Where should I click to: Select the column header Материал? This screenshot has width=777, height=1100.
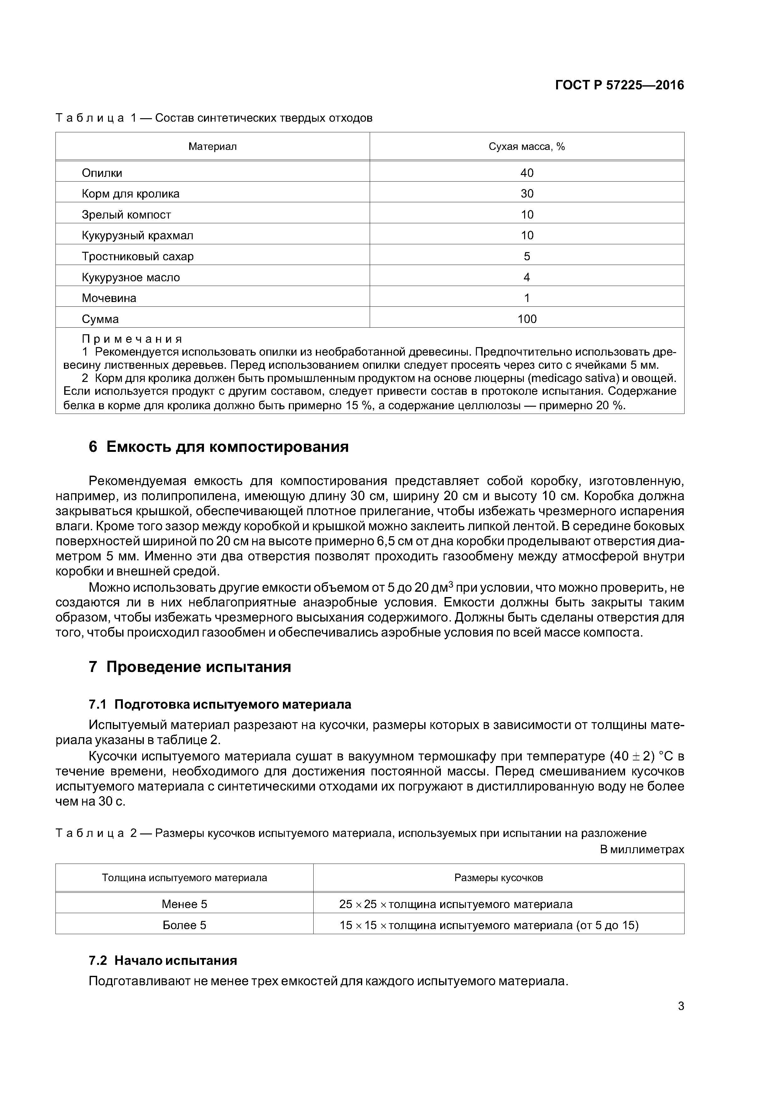(212, 147)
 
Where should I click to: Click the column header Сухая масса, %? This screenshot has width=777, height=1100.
(527, 147)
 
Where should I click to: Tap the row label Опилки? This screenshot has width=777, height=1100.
(102, 173)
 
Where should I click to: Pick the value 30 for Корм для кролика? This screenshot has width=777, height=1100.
(527, 193)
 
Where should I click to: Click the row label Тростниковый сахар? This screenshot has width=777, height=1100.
(138, 256)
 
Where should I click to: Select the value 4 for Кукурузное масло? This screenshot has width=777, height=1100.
(527, 278)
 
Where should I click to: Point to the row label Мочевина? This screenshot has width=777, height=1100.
(109, 298)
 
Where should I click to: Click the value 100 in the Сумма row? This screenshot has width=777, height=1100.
(527, 319)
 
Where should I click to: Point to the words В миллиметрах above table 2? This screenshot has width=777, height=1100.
(642, 849)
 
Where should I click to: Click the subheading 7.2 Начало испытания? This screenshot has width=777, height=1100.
(163, 960)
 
